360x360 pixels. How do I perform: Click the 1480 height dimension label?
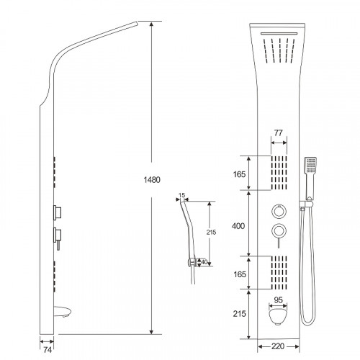[152, 180]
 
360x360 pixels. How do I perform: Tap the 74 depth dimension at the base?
[48, 350]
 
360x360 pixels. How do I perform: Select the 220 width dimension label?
[278, 346]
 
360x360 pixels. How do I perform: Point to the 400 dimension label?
[238, 226]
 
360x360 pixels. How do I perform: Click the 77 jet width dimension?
[279, 132]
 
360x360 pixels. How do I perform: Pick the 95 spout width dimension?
[278, 300]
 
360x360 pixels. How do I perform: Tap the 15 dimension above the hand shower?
[182, 195]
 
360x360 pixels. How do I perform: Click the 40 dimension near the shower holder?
[204, 262]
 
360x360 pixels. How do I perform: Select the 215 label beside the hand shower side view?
[211, 232]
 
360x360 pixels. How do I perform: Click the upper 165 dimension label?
[239, 174]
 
